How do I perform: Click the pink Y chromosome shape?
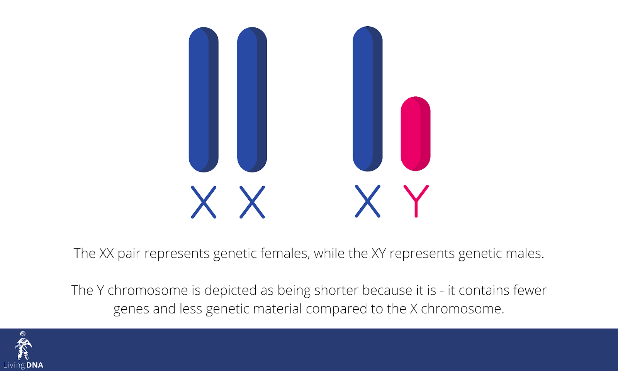click(x=416, y=133)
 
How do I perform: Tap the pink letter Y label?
click(x=416, y=201)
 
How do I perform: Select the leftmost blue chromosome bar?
click(x=204, y=100)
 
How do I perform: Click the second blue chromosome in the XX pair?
click(x=252, y=100)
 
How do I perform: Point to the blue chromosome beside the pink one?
click(x=367, y=99)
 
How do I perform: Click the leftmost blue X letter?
click(x=204, y=202)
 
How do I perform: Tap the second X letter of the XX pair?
click(x=252, y=202)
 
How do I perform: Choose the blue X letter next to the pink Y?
click(x=367, y=201)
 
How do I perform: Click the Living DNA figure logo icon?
click(x=23, y=346)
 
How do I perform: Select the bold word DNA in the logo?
click(x=34, y=365)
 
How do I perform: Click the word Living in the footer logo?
click(x=14, y=366)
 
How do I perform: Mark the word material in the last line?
click(x=277, y=309)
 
